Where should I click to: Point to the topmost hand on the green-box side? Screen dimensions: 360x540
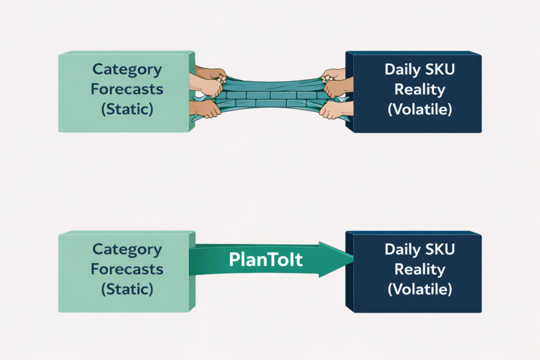point(211,73)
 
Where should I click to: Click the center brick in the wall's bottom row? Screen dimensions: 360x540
point(271,104)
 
